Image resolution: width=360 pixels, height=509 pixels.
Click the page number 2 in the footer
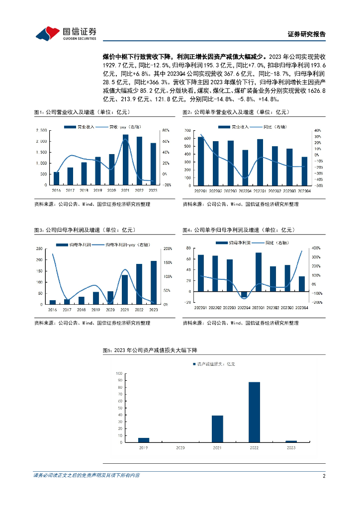(324, 476)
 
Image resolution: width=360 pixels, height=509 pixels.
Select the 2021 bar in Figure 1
(125, 160)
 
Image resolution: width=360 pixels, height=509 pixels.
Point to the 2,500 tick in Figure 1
(42, 130)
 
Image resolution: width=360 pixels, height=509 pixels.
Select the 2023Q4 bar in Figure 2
(304, 171)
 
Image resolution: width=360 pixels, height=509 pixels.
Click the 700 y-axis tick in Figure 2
(187, 130)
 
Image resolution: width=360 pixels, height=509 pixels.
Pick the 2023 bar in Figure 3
(153, 282)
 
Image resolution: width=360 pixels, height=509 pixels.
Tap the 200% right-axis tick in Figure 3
(168, 248)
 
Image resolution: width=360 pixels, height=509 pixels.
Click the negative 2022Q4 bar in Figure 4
(244, 294)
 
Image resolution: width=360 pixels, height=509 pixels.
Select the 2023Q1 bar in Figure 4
(259, 272)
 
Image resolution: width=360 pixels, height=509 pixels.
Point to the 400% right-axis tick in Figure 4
(315, 248)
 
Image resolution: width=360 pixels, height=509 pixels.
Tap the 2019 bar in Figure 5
(144, 440)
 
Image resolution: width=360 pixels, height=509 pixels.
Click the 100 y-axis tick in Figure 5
(119, 373)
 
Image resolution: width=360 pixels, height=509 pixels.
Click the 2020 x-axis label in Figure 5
(180, 448)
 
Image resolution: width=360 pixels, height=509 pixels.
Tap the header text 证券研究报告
(307, 34)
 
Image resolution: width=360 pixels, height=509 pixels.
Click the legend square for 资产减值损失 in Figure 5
(194, 364)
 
